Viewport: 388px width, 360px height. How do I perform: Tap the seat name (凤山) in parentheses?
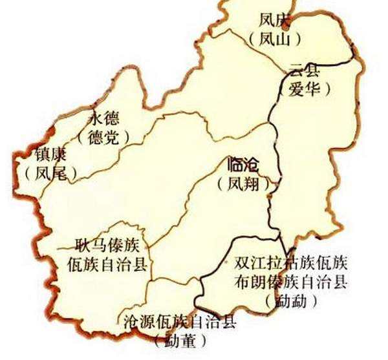[x=275, y=39]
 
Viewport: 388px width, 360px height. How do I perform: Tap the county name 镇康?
[x=50, y=155]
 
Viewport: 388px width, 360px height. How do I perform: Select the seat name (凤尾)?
[x=50, y=173]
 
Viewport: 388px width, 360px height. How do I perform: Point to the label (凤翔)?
[x=243, y=184]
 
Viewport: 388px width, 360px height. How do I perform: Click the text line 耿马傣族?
[x=105, y=246]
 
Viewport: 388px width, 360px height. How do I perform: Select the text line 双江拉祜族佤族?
[x=292, y=264]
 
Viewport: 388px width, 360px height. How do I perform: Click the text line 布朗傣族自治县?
[x=292, y=282]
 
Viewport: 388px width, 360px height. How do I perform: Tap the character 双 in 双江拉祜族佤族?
[x=243, y=264]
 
